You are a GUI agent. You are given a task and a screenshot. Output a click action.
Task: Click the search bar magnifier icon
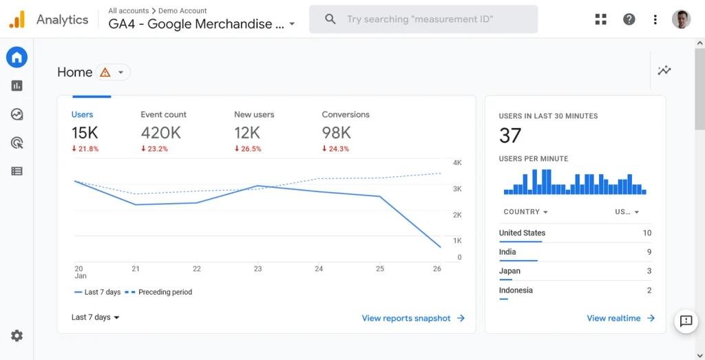(330, 19)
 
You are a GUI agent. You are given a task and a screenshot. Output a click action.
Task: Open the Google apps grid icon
(601, 19)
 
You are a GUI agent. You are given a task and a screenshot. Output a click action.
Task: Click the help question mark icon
(629, 19)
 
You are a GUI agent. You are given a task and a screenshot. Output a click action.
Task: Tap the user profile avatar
(681, 19)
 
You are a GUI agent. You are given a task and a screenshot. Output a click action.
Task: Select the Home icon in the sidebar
(17, 57)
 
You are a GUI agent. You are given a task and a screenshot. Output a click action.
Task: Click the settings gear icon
(17, 336)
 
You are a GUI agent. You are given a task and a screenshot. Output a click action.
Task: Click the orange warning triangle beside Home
(105, 72)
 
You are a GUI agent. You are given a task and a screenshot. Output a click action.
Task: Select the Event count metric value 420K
(160, 133)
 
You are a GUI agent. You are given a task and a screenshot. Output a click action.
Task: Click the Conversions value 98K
(336, 133)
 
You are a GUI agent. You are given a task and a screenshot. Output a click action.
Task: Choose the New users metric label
(254, 114)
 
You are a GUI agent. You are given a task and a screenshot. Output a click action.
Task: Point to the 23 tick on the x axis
(257, 268)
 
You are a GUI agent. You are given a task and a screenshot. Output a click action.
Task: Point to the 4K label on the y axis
(457, 162)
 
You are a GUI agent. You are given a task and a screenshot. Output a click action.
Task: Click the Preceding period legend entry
(165, 292)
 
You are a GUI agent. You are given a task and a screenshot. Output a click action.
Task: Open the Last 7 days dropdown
(96, 317)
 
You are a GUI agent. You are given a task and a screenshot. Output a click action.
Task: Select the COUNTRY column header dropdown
(525, 212)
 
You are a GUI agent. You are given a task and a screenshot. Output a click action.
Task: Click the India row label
(507, 252)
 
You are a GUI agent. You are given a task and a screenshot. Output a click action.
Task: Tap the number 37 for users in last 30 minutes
(510, 136)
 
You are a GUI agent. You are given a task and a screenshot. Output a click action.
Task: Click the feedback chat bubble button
(686, 321)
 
